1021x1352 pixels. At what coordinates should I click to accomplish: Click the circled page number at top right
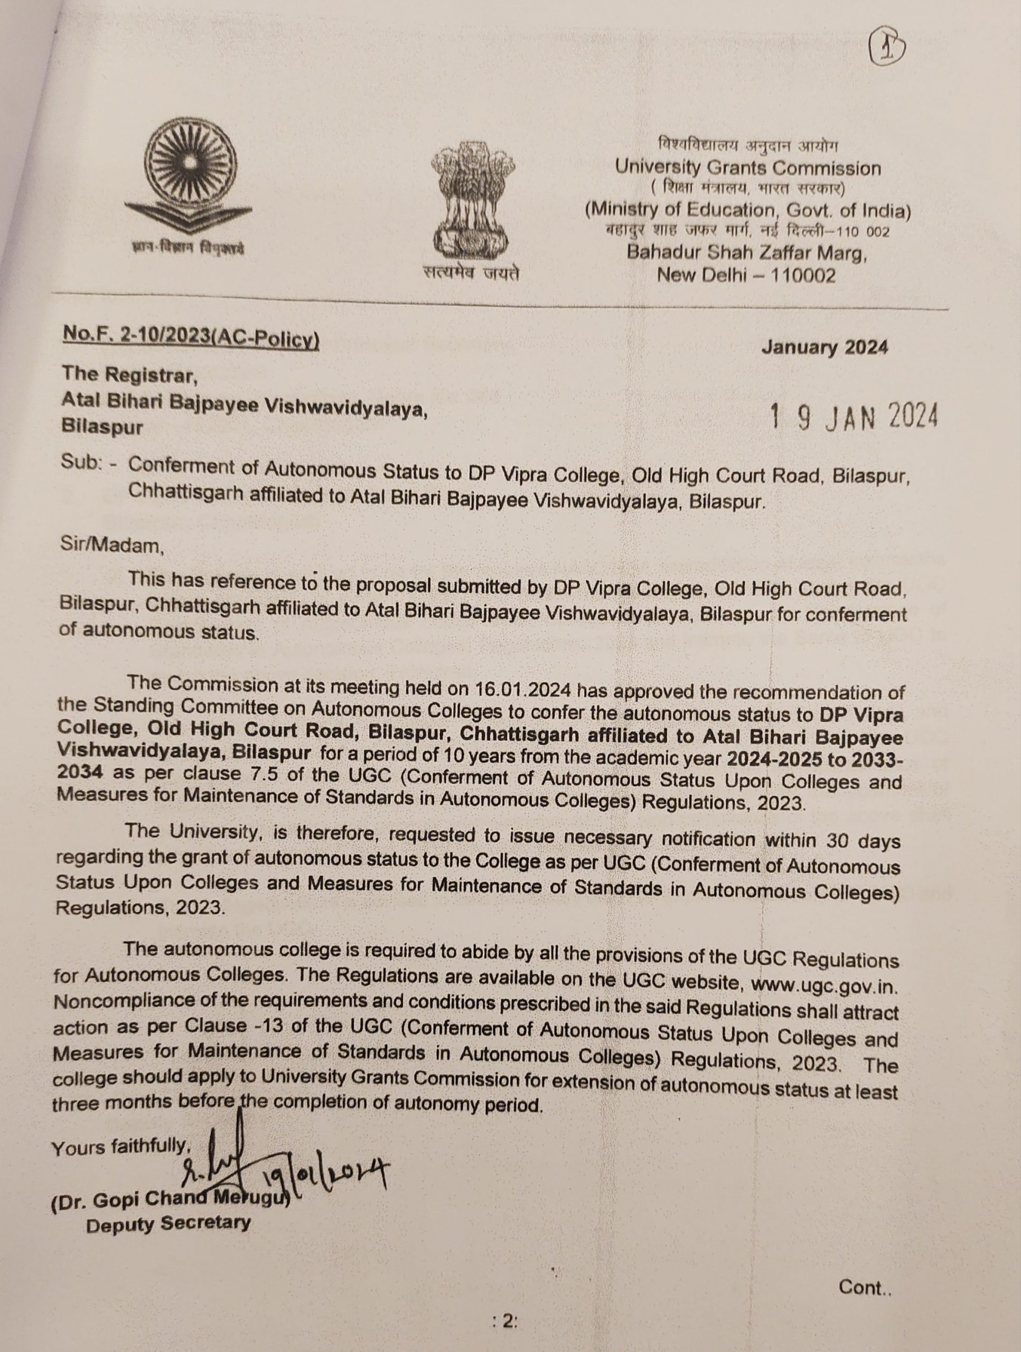point(886,49)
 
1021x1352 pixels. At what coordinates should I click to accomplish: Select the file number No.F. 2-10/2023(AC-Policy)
point(191,337)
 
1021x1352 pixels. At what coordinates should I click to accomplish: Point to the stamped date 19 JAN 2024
point(854,417)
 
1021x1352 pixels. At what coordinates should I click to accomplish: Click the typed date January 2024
point(824,347)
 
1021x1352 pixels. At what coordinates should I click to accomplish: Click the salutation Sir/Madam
point(112,544)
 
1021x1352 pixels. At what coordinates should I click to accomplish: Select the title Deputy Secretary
point(168,1224)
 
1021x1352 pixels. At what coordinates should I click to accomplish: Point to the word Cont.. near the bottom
point(865,1288)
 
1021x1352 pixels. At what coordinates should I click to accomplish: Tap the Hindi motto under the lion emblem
point(471,273)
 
